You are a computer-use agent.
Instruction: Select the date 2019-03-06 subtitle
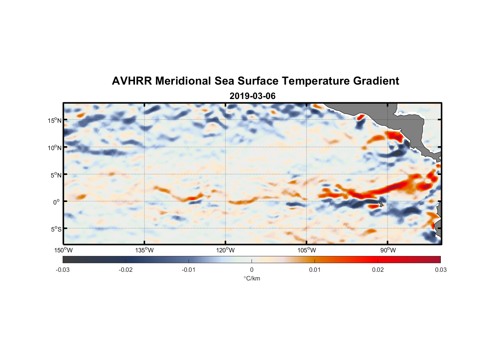252,96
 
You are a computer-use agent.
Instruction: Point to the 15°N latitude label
54,121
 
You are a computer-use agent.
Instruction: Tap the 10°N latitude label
54,148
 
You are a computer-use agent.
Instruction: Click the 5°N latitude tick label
56,175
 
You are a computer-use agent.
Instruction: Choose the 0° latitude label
56,202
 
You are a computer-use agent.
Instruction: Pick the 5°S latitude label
56,229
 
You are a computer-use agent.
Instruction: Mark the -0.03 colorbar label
63,270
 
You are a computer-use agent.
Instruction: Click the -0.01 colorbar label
189,270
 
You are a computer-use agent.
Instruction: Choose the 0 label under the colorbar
252,270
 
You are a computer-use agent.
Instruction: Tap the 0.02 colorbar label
378,270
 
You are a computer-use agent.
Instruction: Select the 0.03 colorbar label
440,270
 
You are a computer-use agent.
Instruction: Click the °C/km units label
252,278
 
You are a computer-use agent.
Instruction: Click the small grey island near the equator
381,204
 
